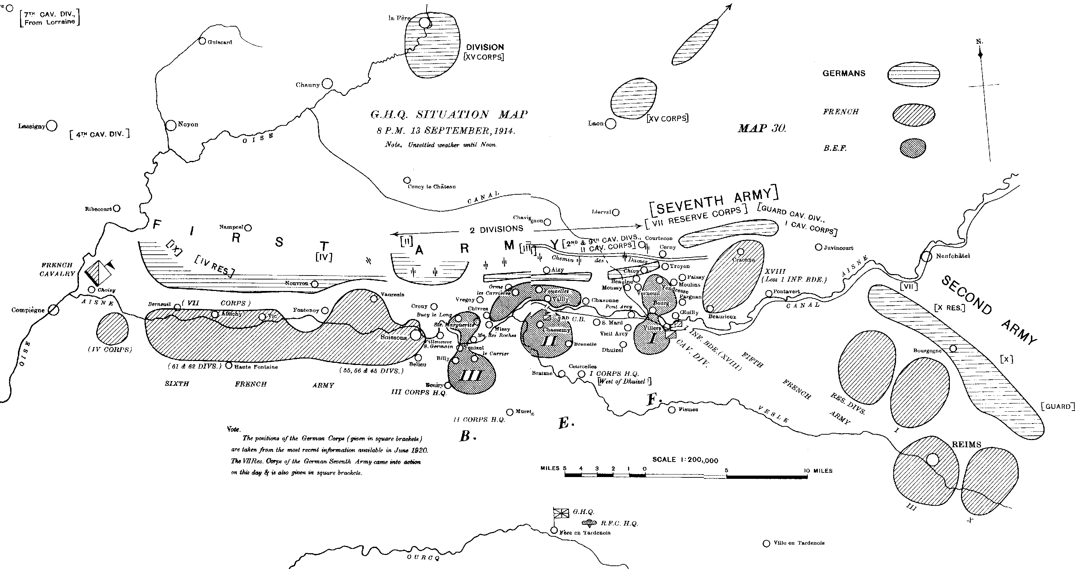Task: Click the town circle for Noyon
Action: pos(171,125)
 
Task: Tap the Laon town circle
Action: pos(611,124)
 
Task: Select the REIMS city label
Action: pos(966,445)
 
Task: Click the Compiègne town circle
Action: pos(53,310)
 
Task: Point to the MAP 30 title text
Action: pos(762,128)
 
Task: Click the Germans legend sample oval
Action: pos(914,74)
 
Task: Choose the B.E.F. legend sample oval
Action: pos(913,148)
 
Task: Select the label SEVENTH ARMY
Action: pos(714,201)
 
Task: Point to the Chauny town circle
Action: pos(327,84)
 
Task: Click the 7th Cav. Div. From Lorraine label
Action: pos(50,18)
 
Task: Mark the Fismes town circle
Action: pos(672,410)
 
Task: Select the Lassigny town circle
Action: pos(52,125)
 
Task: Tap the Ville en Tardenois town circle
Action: pos(767,543)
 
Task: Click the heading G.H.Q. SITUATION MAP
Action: pos(449,115)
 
